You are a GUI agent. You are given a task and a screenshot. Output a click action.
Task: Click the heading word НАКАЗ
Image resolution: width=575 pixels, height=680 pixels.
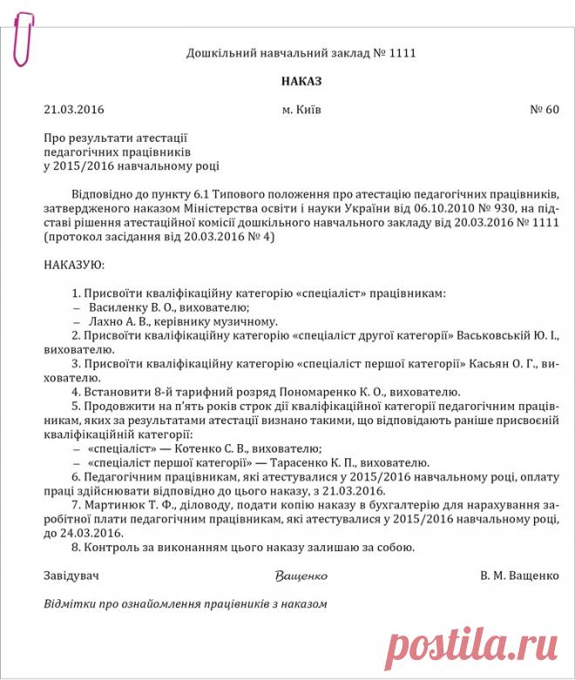point(301,81)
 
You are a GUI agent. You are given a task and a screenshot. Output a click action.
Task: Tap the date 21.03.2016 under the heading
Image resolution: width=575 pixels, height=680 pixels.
point(73,111)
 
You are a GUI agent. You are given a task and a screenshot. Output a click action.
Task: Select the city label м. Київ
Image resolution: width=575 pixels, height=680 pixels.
point(301,111)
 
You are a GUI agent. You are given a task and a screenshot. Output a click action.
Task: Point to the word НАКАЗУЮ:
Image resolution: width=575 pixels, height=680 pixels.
point(74,261)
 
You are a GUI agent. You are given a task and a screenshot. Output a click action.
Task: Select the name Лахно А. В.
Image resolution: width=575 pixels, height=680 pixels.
point(118,322)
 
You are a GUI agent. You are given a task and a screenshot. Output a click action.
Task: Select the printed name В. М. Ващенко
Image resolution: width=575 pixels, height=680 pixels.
point(518,576)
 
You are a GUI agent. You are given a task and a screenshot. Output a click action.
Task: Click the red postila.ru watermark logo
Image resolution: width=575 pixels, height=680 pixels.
point(471,649)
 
